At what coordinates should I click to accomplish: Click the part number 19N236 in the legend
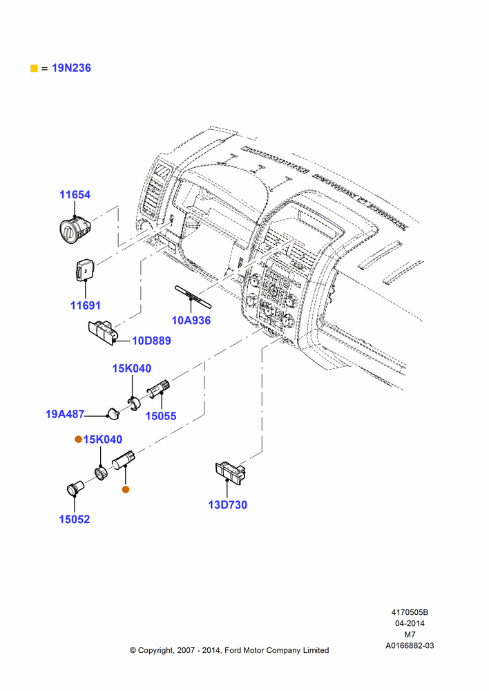tap(71, 68)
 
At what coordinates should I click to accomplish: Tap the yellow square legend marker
tap(34, 68)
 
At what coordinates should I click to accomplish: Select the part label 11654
tap(75, 194)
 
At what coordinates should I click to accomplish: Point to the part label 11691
tap(86, 305)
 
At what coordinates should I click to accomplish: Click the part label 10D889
tap(151, 341)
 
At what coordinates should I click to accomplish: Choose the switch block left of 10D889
tap(103, 332)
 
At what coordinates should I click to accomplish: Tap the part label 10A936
tap(191, 321)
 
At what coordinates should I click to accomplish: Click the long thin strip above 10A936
tap(193, 296)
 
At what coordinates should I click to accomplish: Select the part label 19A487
tap(65, 414)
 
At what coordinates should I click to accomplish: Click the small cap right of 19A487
tap(113, 413)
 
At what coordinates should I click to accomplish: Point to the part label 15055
tap(161, 415)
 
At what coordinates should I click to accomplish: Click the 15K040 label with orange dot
tap(103, 439)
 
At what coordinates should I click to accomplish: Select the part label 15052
tap(75, 519)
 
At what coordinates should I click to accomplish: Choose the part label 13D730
tap(227, 504)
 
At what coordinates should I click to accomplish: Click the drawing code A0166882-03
tap(410, 645)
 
